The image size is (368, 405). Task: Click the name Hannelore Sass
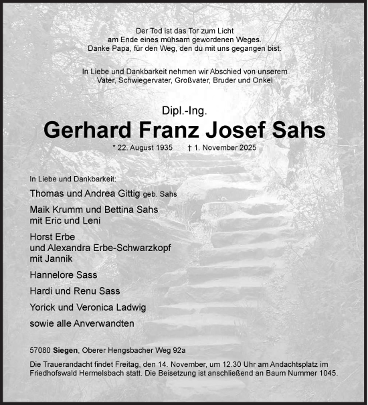(x=64, y=274)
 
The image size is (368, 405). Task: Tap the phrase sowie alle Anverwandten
(x=82, y=323)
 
